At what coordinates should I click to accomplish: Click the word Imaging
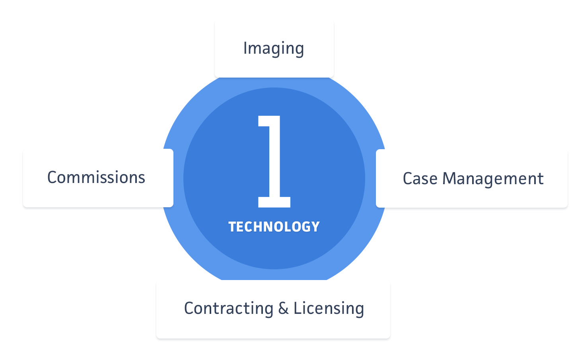(x=274, y=49)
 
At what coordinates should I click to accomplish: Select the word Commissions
(x=96, y=177)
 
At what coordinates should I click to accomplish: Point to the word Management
(x=493, y=179)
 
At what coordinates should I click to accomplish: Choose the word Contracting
(x=228, y=309)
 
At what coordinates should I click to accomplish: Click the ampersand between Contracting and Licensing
(x=283, y=308)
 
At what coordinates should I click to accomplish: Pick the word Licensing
(x=329, y=309)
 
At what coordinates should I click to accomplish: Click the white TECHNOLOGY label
(x=274, y=227)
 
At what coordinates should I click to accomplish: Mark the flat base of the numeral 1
(x=274, y=202)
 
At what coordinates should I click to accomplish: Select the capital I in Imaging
(x=245, y=48)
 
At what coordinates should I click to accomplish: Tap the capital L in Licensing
(x=299, y=308)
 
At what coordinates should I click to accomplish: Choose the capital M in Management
(x=450, y=178)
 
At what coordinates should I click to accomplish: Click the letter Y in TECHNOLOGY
(x=315, y=227)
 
